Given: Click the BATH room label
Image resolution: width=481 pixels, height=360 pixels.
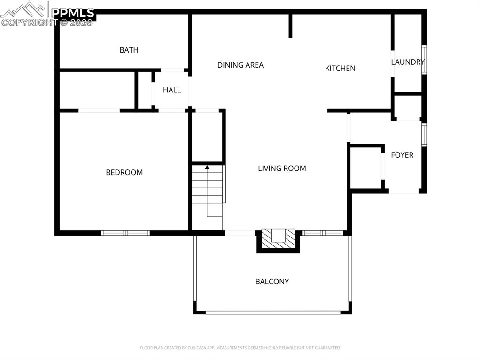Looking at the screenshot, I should tap(129, 50).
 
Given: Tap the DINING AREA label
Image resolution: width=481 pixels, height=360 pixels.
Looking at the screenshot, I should tap(240, 65).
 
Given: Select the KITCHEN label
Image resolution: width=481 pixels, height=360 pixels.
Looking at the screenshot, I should tap(340, 68).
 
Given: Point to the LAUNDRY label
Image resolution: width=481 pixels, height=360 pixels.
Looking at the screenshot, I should tap(407, 61).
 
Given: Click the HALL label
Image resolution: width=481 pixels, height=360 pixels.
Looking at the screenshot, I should tap(171, 90).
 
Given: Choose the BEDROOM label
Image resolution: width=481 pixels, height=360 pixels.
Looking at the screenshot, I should tap(124, 172).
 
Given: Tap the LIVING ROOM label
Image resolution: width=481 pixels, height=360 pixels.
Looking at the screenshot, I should tap(282, 168).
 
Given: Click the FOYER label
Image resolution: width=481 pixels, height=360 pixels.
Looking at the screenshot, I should tap(402, 155).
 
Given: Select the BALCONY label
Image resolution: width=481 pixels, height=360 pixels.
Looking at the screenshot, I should tap(272, 282).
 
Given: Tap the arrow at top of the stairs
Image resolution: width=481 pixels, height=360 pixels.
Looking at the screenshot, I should tap(207, 167).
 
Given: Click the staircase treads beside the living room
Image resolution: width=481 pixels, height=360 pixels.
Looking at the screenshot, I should tap(207, 188).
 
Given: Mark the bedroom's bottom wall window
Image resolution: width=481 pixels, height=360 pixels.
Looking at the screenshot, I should tap(125, 233).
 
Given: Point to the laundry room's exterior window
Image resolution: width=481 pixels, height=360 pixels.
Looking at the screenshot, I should tap(424, 60).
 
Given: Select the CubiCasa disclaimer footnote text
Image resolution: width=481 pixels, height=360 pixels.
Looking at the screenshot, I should tap(240, 348).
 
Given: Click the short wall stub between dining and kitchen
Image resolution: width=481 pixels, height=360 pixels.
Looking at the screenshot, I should tap(290, 26).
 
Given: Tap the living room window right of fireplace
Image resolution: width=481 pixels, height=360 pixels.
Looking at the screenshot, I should tap(323, 233).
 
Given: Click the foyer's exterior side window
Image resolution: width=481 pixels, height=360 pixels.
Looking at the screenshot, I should tap(424, 135).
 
